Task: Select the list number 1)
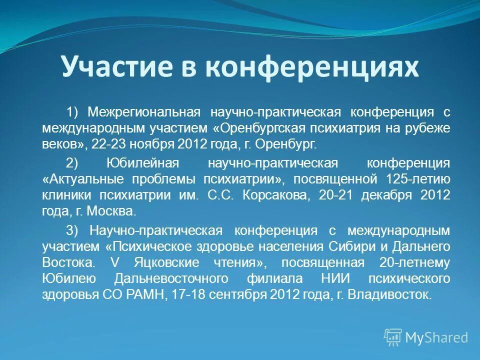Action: pyautogui.click(x=73, y=111)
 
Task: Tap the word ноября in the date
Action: pyautogui.click(x=150, y=145)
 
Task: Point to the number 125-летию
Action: pyautogui.click(x=418, y=179)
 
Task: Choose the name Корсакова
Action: pyautogui.click(x=270, y=195)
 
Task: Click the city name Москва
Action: pyautogui.click(x=111, y=211)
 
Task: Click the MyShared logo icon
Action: pyautogui.click(x=393, y=337)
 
